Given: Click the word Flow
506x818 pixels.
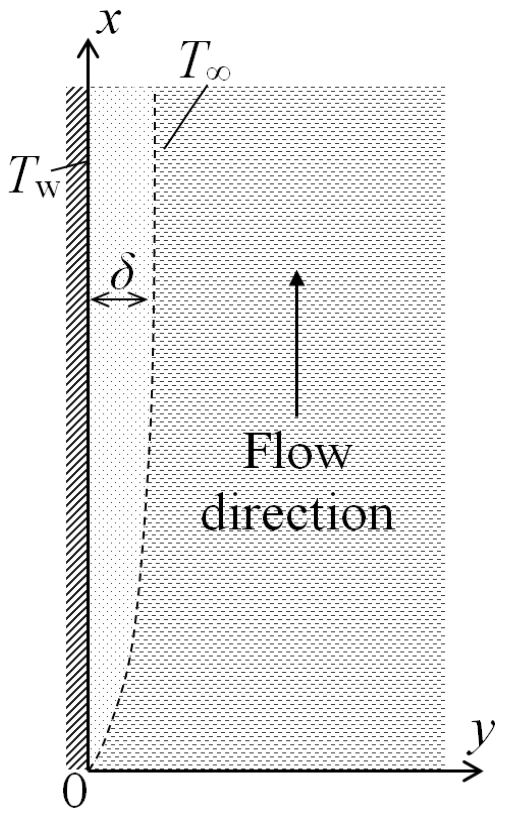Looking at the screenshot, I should [297, 453].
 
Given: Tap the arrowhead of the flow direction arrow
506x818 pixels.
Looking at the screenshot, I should [296, 277].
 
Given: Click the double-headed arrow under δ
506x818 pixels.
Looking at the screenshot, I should [119, 299].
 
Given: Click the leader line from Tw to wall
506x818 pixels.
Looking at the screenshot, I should [69, 168].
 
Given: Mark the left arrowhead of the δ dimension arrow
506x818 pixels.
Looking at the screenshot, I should [95, 299].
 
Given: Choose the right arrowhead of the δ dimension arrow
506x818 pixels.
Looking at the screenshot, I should [143, 299].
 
